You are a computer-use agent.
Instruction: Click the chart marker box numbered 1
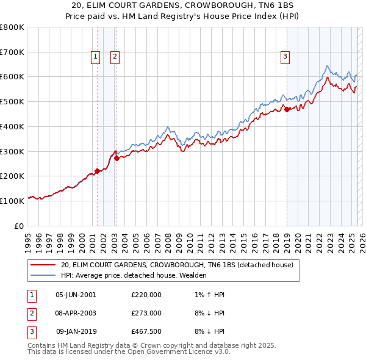point(96,57)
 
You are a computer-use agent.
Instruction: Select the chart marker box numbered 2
point(115,57)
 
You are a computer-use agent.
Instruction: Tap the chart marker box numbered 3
point(285,57)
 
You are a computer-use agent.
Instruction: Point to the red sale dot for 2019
point(287,110)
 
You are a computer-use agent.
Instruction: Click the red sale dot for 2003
point(117,158)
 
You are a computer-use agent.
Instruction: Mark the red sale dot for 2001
point(97,171)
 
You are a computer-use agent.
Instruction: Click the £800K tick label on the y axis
point(12,27)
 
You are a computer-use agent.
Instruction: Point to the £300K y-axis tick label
point(12,151)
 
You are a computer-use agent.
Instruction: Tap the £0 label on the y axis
point(20,226)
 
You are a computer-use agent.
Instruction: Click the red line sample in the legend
point(43,265)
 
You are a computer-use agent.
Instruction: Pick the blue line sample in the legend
point(43,275)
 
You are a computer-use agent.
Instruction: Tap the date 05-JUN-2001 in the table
point(76,294)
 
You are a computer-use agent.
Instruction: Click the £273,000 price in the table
point(146,313)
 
